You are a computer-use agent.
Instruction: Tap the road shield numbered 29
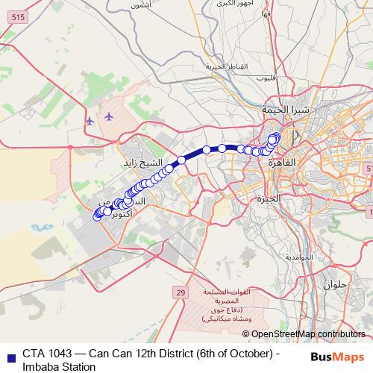pyautogui.click(x=181, y=294)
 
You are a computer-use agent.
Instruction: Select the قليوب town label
pyautogui.click(x=266, y=78)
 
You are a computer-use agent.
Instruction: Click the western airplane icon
pyautogui.click(x=90, y=120)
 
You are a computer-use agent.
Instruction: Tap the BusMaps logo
pyautogui.click(x=336, y=357)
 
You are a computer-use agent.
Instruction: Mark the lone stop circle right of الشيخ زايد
pyautogui.click(x=181, y=160)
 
